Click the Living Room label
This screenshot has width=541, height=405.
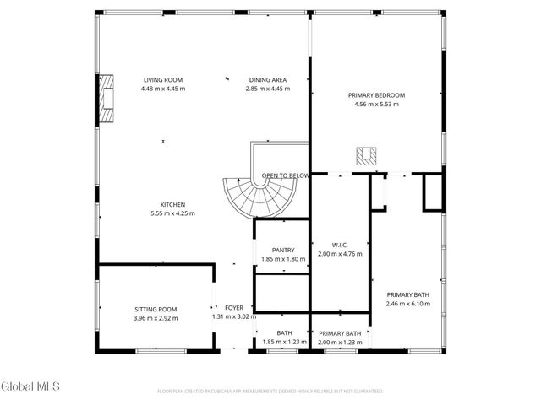163,79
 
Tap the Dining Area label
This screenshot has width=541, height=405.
267,79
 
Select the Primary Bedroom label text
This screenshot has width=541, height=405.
376,95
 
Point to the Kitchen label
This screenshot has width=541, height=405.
172,204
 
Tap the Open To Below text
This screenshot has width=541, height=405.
285,176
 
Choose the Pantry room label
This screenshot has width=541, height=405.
276,250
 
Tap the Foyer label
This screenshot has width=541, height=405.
233,308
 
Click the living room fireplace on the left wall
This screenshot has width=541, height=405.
105,100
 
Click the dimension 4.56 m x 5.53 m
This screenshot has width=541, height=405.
376,105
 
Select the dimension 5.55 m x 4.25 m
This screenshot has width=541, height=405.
172,213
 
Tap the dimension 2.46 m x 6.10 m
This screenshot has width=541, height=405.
408,304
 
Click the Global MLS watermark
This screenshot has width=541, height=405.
30,386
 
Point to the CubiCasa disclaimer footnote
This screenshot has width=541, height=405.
270,391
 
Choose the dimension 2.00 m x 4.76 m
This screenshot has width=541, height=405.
338,254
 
